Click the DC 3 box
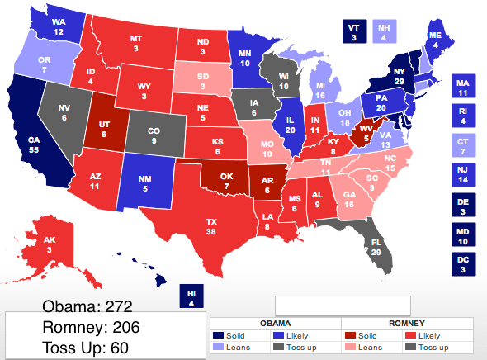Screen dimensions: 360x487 tap(465, 265)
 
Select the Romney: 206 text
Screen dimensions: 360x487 tap(87, 328)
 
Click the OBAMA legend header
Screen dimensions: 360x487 tap(275, 323)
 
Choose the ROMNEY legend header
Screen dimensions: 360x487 tap(407, 323)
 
